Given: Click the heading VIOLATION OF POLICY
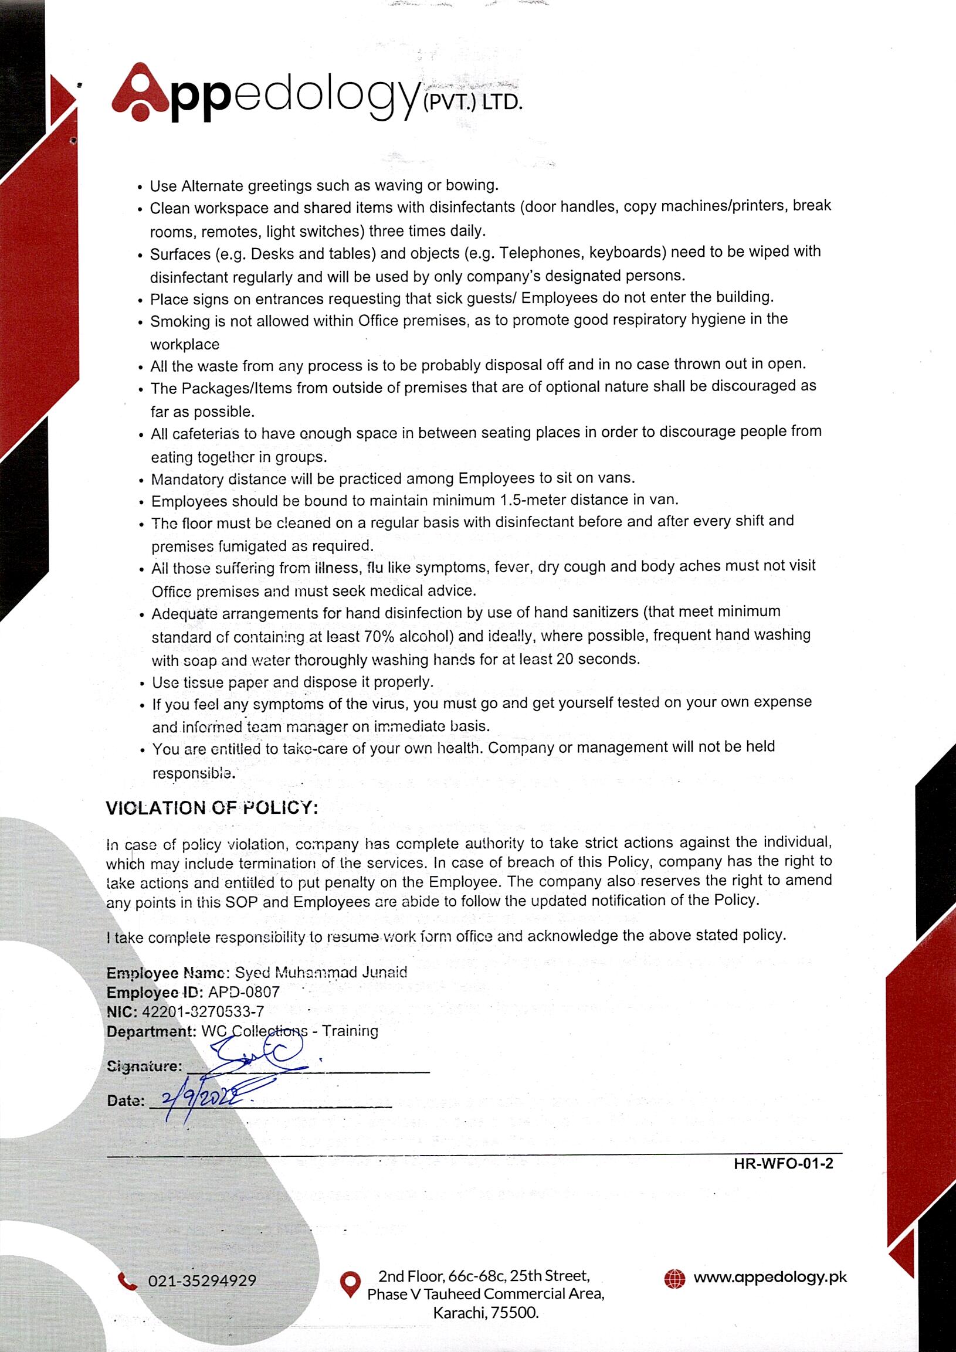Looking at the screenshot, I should (x=212, y=807).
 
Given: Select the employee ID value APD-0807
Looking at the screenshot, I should (x=244, y=991).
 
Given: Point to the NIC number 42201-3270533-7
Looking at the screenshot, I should (x=202, y=1011).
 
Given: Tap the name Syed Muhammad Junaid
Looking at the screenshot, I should (x=320, y=971).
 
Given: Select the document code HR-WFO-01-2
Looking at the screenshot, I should (x=783, y=1163).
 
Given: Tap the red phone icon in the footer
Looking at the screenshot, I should (x=127, y=1280).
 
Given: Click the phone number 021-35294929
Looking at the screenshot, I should (x=202, y=1280).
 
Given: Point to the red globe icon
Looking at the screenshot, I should (x=674, y=1278).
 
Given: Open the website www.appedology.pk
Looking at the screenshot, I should (x=770, y=1277).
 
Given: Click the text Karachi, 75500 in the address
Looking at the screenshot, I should (x=486, y=1313).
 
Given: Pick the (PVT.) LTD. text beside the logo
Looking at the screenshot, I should (x=472, y=103).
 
